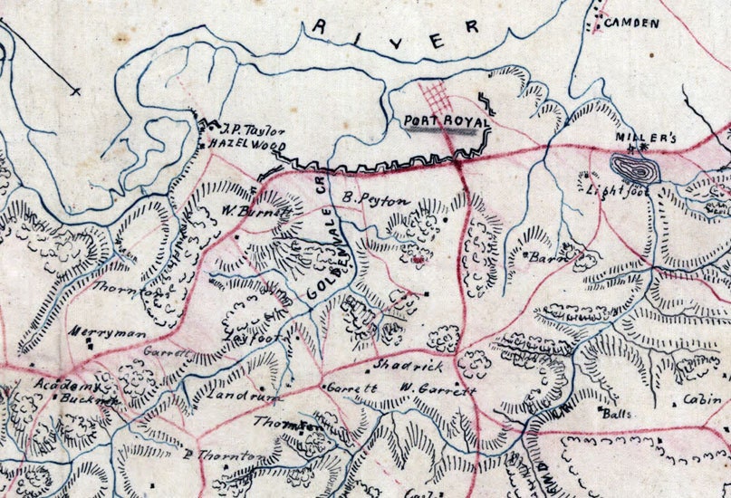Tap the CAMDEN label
[630, 23]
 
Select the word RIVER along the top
[394, 34]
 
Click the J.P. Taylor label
[244, 130]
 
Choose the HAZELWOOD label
[246, 145]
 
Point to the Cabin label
[702, 399]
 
